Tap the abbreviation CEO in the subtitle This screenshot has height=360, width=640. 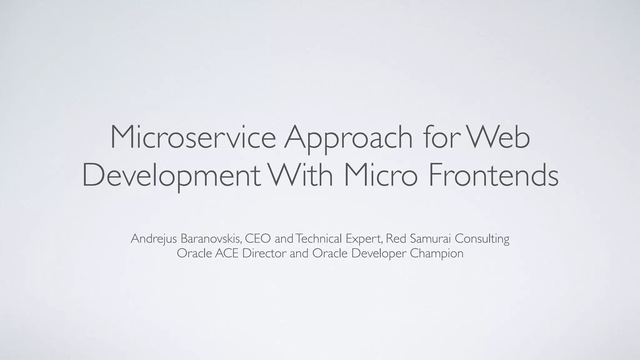258,239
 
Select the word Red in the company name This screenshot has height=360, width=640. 396,239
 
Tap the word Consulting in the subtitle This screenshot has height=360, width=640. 482,239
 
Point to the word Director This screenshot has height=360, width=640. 264,253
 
